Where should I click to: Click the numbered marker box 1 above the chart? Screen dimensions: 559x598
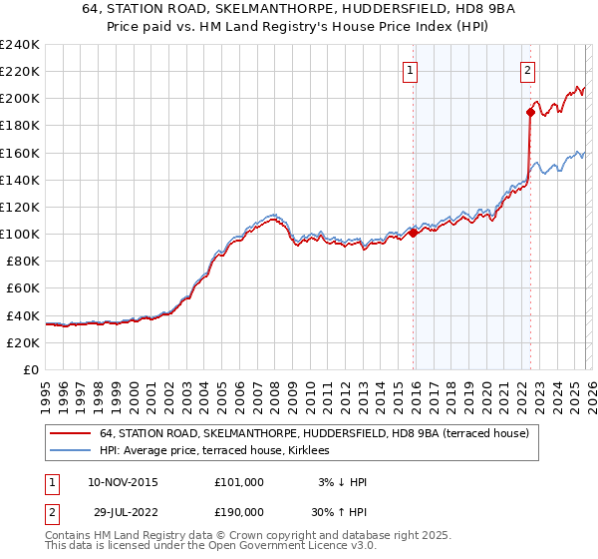[411, 70]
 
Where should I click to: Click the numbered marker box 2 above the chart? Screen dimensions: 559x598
[527, 70]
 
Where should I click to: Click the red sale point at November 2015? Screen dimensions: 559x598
[414, 234]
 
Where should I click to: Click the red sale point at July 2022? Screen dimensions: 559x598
[530, 112]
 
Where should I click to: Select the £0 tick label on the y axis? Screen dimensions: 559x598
[30, 369]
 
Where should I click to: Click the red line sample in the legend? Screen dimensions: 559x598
[71, 433]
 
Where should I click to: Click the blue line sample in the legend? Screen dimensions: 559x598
[71, 451]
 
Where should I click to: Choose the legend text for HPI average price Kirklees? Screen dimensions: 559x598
[220, 451]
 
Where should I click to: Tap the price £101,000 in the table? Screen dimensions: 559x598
[238, 482]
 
